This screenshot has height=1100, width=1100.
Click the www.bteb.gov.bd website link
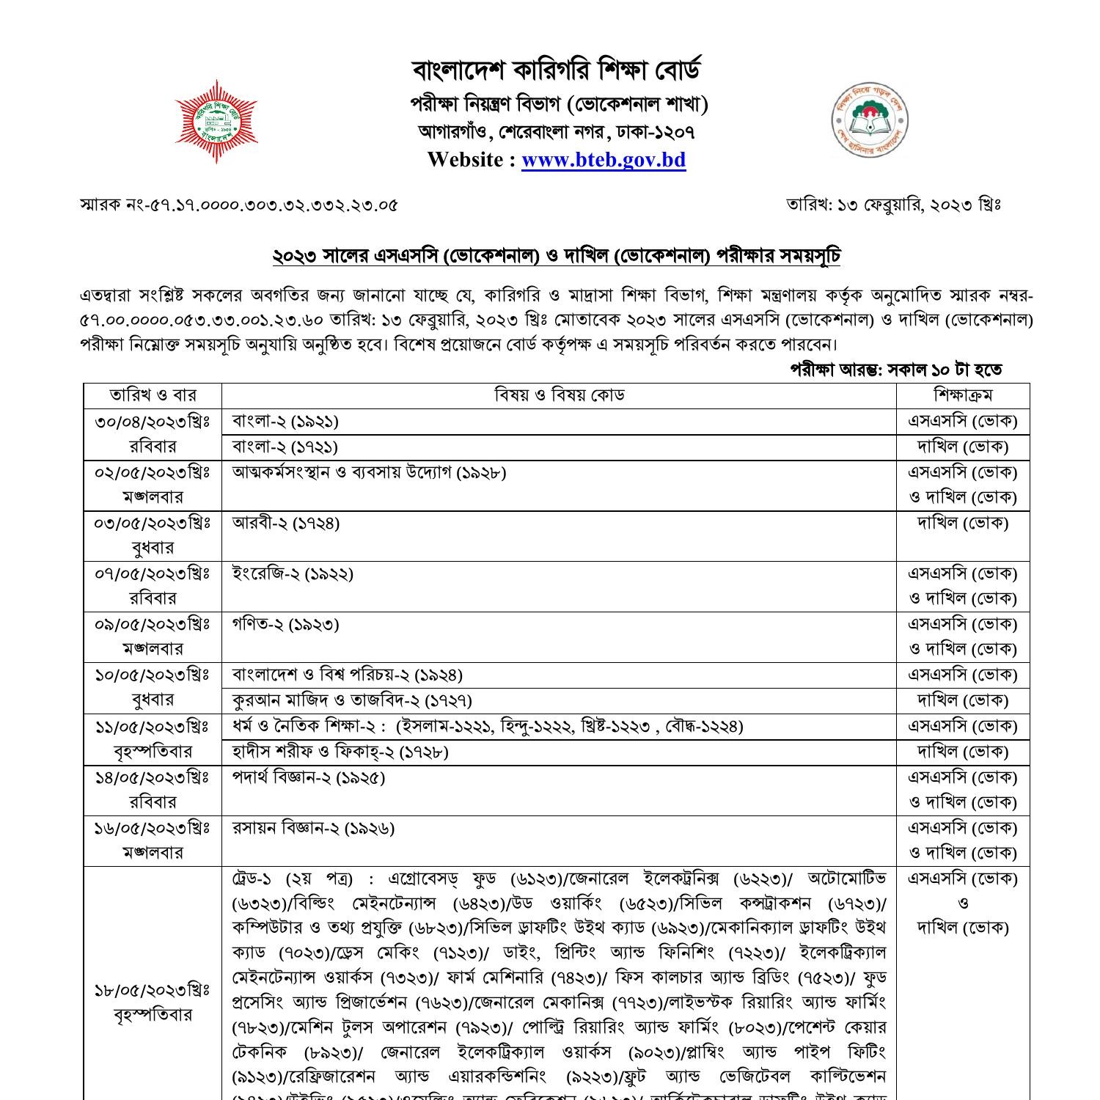[604, 160]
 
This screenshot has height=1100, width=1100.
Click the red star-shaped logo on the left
[216, 121]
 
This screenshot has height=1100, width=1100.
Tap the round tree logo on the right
[870, 120]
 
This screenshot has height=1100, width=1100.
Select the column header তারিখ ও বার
[153, 395]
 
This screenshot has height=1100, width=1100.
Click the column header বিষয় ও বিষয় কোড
[559, 395]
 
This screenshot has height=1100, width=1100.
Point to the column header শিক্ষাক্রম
[963, 395]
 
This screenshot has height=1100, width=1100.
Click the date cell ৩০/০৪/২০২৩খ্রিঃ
[153, 421]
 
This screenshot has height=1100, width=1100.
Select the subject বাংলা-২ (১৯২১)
[285, 421]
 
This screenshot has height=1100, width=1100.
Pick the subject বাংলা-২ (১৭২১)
[285, 447]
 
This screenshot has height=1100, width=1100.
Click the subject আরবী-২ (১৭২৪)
[286, 523]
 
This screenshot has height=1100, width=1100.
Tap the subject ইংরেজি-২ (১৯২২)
[293, 573]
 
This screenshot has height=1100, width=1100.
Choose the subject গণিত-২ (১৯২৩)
[285, 624]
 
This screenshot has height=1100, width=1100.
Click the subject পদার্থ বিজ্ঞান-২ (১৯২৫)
[309, 777]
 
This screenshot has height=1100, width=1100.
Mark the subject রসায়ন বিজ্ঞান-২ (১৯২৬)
[313, 828]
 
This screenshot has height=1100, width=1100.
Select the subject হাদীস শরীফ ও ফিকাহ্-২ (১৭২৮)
[340, 752]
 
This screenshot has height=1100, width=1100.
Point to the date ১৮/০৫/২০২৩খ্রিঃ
[153, 991]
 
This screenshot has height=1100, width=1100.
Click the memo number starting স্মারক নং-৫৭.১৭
[239, 205]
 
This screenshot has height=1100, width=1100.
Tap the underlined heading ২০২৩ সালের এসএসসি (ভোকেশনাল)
[557, 257]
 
